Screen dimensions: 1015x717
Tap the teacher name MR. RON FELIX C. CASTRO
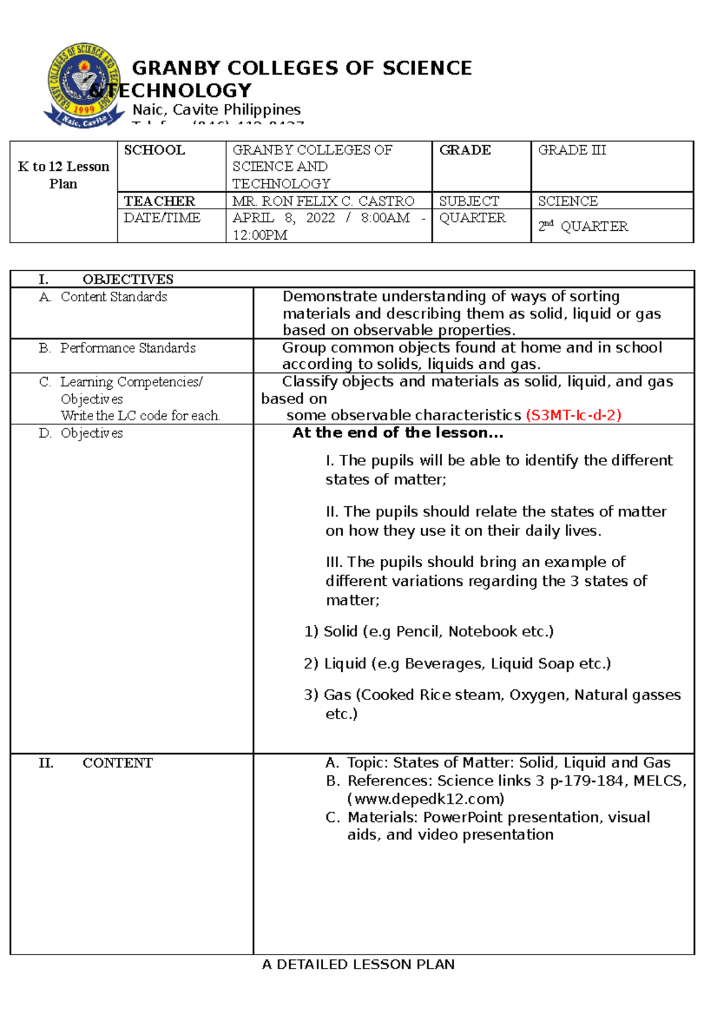(x=323, y=201)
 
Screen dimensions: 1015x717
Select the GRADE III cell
(x=572, y=150)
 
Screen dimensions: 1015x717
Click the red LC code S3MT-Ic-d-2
(x=574, y=415)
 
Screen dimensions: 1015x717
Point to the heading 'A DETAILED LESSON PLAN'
(x=358, y=964)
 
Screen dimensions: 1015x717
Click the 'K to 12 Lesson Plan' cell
(x=63, y=175)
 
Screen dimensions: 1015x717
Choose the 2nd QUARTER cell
(x=583, y=227)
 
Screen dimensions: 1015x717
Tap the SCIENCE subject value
(x=568, y=201)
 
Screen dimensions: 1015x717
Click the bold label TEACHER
(x=159, y=201)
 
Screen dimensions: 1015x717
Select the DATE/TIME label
(x=162, y=218)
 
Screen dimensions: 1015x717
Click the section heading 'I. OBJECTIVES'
(x=106, y=279)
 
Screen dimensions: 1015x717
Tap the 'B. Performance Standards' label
(x=117, y=348)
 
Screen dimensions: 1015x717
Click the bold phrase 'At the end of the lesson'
(x=397, y=433)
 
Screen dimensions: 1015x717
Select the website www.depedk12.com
(x=425, y=799)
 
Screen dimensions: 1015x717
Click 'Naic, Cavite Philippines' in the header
(x=216, y=110)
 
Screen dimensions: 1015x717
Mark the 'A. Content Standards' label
(x=103, y=297)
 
